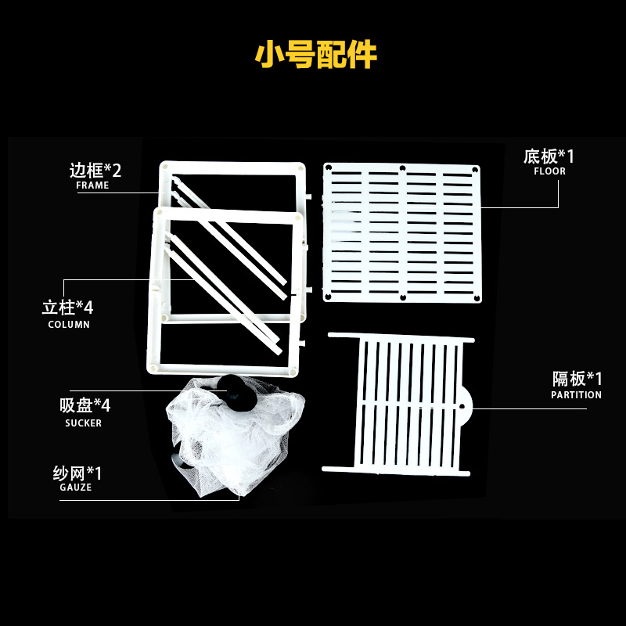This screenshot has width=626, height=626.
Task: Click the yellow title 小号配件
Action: (316, 55)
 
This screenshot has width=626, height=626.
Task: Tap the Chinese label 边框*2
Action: (95, 170)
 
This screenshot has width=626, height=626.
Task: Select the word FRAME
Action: (92, 186)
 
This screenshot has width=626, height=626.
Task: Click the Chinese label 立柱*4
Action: (67, 307)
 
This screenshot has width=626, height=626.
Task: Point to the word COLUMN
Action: (69, 324)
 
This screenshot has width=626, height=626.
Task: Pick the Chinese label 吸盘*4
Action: (85, 405)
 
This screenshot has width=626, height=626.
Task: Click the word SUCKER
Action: (83, 423)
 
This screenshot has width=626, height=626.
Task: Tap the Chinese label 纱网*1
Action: (77, 473)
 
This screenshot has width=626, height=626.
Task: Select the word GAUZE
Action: (76, 487)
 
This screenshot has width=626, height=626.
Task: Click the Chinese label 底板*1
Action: (549, 156)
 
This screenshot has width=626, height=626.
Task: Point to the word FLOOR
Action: (549, 171)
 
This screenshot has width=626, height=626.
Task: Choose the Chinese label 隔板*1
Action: (577, 380)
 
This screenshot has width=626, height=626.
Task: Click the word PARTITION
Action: (576, 395)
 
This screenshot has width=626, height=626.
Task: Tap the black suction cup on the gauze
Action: (236, 390)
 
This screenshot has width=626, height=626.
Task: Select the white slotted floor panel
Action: (401, 232)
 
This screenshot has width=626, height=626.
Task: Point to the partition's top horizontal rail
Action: (401, 337)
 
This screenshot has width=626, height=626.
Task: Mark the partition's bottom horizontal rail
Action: (397, 469)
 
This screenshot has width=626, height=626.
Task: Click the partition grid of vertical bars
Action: (407, 403)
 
